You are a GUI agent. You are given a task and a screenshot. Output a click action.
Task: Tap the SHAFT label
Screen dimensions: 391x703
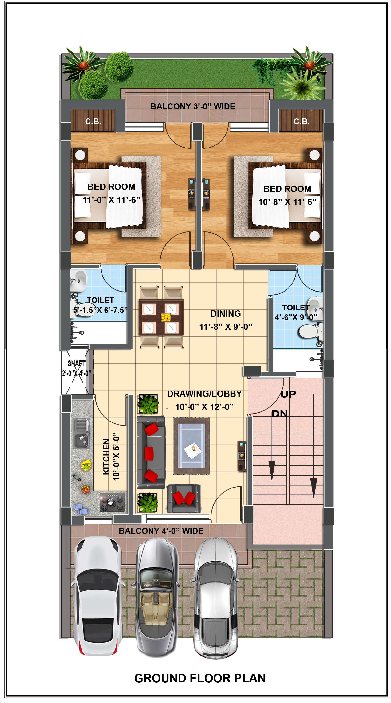tap(76, 363)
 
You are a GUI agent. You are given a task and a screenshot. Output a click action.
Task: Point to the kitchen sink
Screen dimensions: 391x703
tap(81, 433)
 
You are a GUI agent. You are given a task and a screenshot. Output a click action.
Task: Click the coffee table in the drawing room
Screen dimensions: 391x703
tap(192, 446)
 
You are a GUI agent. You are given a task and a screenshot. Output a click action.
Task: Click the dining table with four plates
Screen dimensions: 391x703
tap(161, 317)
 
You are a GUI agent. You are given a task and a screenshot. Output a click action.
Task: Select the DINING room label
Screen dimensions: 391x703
tap(226, 314)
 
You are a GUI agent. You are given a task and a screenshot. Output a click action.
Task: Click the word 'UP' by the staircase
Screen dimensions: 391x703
tap(288, 394)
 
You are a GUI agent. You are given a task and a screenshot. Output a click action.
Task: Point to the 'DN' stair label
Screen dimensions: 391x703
tap(280, 414)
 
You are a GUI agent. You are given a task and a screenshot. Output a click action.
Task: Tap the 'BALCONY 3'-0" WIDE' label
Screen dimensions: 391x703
tap(193, 106)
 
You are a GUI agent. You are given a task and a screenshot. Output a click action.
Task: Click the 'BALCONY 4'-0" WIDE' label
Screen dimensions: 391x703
tap(161, 531)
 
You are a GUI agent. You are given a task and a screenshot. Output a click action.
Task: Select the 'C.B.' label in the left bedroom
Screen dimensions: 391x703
tap(93, 121)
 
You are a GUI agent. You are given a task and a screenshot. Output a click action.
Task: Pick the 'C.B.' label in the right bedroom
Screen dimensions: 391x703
tap(301, 121)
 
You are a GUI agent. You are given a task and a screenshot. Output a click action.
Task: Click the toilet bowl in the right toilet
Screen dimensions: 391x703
tap(309, 331)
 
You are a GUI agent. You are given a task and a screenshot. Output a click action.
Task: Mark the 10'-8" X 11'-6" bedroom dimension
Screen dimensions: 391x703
tap(287, 202)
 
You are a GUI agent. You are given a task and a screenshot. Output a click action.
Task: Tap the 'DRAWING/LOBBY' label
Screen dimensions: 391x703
tap(204, 394)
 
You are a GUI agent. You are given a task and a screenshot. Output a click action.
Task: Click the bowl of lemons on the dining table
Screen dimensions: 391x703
tap(166, 317)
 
